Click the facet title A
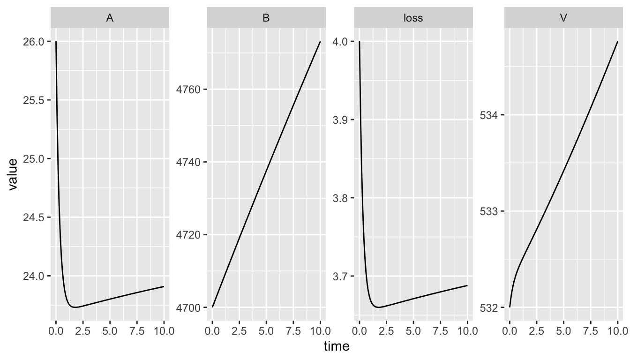coord(110,18)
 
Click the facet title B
coord(266,18)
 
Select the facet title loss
coord(413,18)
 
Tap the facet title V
coord(563,18)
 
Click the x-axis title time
coord(337,346)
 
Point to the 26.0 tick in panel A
coord(36,42)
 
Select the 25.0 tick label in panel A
coord(36,159)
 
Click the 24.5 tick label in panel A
coord(36,217)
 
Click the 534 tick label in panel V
coord(489,115)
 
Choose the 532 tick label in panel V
coord(489,307)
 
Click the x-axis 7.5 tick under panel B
coord(293,330)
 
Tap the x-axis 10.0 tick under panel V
coord(617,330)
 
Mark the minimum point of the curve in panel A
coord(74,307)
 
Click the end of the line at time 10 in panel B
coord(320,42)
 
